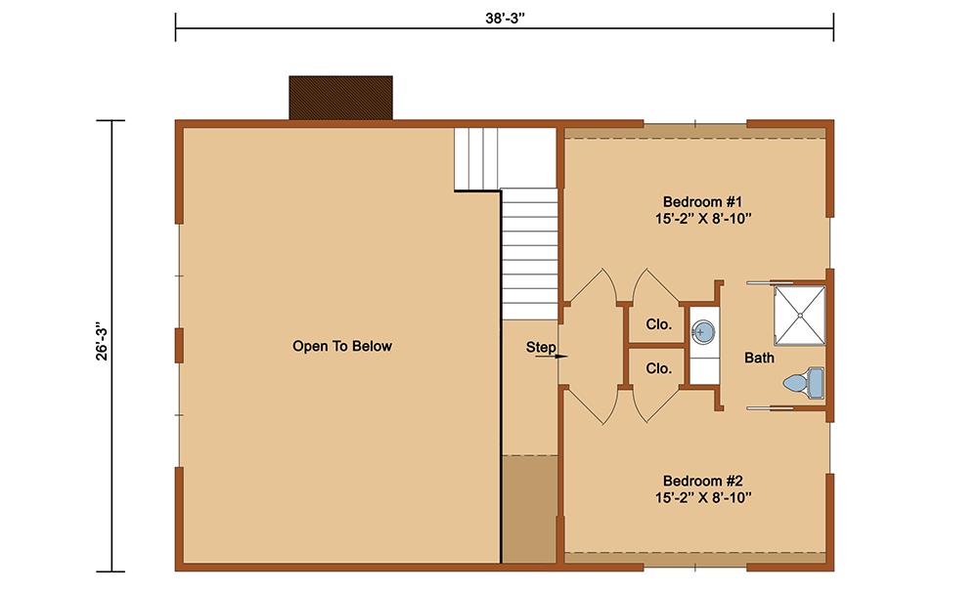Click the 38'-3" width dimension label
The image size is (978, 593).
click(505, 18)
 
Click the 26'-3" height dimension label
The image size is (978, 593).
click(102, 341)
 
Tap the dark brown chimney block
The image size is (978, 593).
click(340, 98)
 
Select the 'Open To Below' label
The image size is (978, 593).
click(341, 347)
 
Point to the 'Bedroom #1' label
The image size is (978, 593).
click(702, 202)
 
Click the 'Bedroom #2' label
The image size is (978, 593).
click(702, 481)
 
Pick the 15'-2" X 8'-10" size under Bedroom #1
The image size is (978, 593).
click(703, 219)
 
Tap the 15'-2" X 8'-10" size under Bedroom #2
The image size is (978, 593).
click(703, 497)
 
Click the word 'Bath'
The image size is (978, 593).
click(759, 359)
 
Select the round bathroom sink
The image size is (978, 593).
click(703, 331)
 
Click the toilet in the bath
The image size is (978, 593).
click(804, 382)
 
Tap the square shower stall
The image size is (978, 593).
click(800, 316)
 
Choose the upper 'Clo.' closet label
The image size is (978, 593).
click(658, 324)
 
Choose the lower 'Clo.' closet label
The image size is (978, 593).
click(658, 368)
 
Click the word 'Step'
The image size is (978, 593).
click(540, 347)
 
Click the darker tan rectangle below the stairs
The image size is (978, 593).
click(529, 509)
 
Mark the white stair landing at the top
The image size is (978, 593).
click(505, 158)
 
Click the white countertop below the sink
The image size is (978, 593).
click(704, 367)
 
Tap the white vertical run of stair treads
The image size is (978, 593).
click(529, 254)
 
